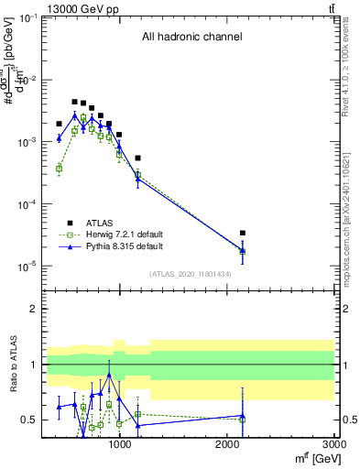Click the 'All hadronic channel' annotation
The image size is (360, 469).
pyautogui.click(x=191, y=38)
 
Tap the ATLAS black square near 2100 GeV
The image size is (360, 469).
pyautogui.click(x=242, y=234)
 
